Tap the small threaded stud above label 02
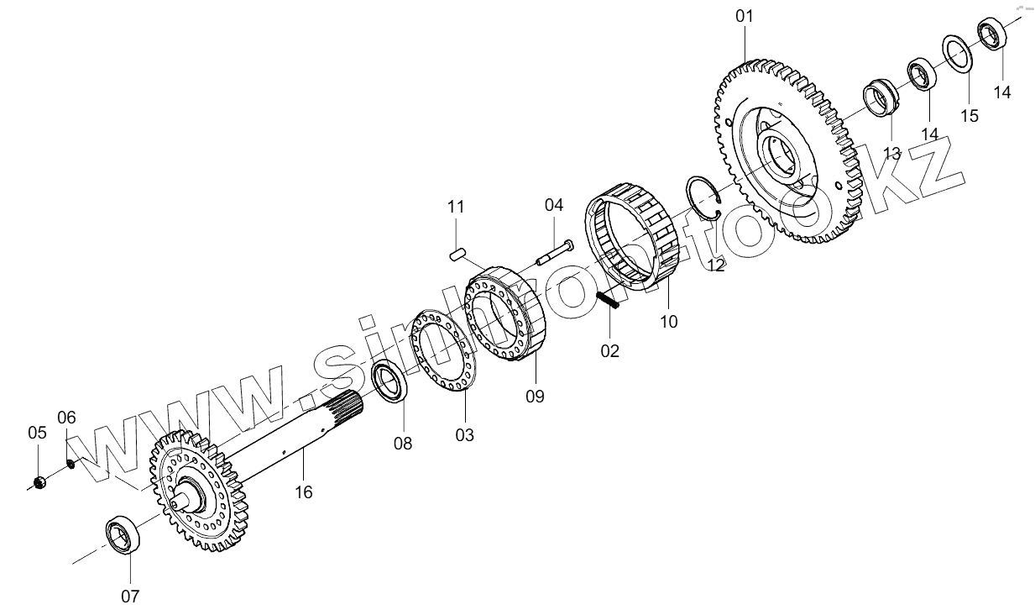pyautogui.click(x=608, y=300)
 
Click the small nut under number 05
pyautogui.click(x=38, y=481)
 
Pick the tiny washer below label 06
pyautogui.click(x=71, y=462)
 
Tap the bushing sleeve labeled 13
pyautogui.click(x=880, y=97)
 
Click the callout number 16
pyautogui.click(x=303, y=491)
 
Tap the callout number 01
pyautogui.click(x=745, y=16)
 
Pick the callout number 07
pyautogui.click(x=129, y=597)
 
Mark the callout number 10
pyautogui.click(x=668, y=321)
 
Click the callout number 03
pyautogui.click(x=464, y=434)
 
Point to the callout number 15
pyautogui.click(x=970, y=116)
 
